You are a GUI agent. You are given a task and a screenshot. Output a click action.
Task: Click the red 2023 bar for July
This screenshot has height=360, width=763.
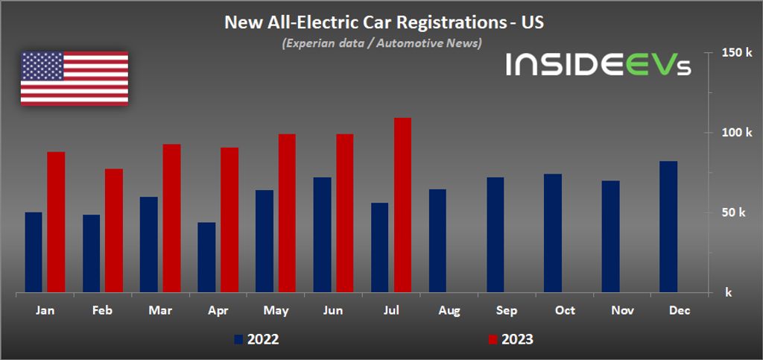[402, 205]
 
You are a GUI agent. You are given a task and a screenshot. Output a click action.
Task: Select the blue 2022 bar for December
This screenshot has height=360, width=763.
[668, 227]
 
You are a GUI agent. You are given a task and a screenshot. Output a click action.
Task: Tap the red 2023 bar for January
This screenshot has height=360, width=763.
[56, 222]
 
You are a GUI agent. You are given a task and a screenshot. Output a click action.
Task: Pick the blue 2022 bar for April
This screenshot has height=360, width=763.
[206, 257]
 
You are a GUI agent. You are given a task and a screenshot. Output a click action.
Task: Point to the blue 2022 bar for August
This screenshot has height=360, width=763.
[437, 241]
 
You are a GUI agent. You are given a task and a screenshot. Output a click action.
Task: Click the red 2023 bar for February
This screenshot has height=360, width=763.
[113, 230]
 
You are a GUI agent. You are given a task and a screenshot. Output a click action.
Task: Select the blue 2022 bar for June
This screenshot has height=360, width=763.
[322, 235]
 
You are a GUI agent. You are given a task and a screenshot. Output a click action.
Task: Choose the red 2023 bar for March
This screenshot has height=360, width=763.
[171, 218]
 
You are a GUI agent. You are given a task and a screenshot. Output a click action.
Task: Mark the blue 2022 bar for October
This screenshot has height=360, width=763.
[553, 233]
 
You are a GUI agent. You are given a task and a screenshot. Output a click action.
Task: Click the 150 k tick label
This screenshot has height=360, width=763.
[732, 53]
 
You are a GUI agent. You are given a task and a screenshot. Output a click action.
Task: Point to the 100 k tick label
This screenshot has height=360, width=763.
[732, 133]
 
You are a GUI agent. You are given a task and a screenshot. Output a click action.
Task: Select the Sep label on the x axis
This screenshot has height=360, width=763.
[507, 310]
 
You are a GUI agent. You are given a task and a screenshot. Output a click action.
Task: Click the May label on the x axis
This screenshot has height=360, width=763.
[276, 310]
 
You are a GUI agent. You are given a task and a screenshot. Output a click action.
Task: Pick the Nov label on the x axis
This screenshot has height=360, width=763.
[622, 310]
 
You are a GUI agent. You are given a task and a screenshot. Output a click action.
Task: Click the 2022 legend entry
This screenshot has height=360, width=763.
[257, 340]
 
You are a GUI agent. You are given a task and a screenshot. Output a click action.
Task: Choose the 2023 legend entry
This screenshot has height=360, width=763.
[511, 340]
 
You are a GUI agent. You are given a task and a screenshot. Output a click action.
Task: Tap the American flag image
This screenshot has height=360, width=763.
[74, 78]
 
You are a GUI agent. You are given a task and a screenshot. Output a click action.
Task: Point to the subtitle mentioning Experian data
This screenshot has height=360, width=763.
[381, 43]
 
